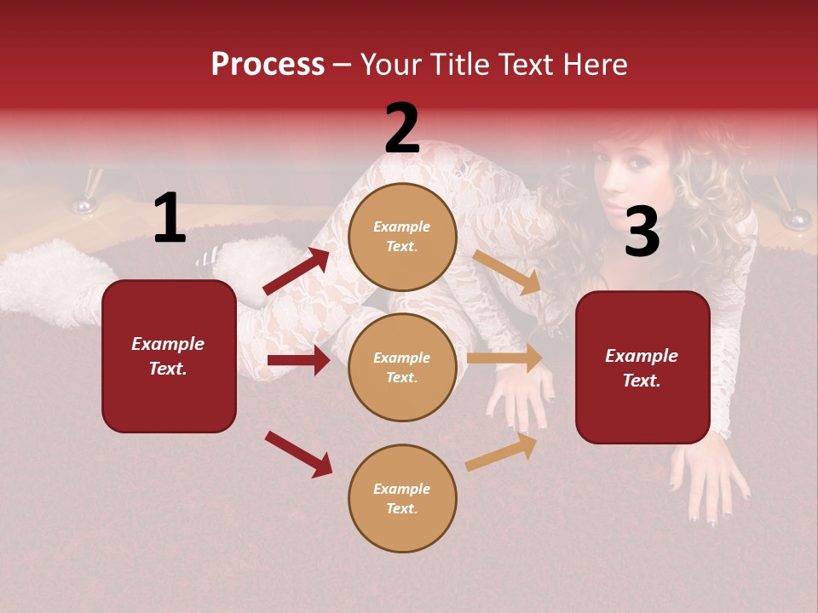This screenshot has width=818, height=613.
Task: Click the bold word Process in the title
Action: pyautogui.click(x=268, y=65)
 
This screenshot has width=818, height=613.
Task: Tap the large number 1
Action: pyautogui.click(x=170, y=219)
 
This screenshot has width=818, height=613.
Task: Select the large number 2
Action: pyautogui.click(x=402, y=129)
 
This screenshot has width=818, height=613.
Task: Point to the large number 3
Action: pyautogui.click(x=642, y=232)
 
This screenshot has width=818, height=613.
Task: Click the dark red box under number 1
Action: pyautogui.click(x=169, y=356)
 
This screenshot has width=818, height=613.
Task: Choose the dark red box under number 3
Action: pyautogui.click(x=642, y=367)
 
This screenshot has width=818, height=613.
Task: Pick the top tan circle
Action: pyautogui.click(x=402, y=237)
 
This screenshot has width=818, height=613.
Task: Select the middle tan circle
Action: pyautogui.click(x=402, y=367)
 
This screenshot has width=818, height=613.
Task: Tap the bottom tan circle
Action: pyautogui.click(x=402, y=498)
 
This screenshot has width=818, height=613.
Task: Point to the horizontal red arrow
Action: pyautogui.click(x=298, y=360)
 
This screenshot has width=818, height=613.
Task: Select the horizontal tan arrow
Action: pyautogui.click(x=504, y=358)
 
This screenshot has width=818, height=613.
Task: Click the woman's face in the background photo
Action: pyautogui.click(x=626, y=170)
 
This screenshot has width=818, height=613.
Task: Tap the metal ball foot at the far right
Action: pyautogui.click(x=796, y=220)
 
